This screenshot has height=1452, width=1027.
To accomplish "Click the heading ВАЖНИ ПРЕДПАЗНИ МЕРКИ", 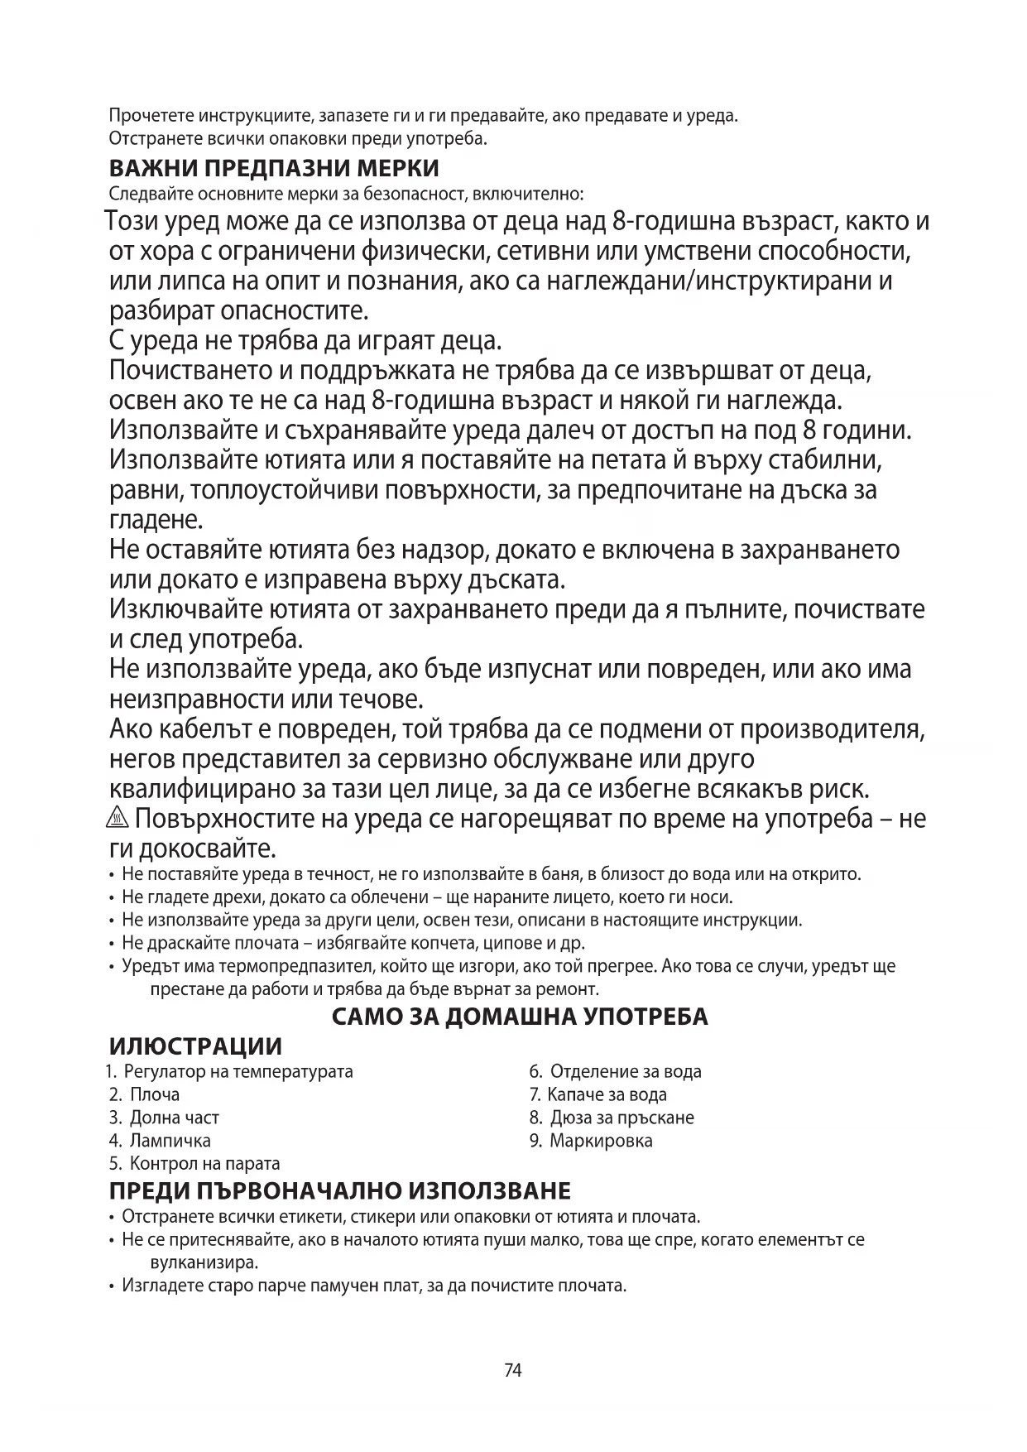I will (x=274, y=168).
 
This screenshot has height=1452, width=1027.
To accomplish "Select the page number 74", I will (x=513, y=1370).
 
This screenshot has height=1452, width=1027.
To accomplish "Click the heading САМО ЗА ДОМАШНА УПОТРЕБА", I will (x=520, y=1017).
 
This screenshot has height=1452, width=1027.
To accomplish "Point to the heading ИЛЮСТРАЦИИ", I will (x=195, y=1046).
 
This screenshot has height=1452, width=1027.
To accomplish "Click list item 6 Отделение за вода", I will (x=616, y=1071).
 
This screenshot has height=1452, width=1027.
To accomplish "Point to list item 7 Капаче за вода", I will (x=598, y=1094).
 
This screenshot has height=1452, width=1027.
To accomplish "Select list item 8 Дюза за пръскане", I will (x=612, y=1118).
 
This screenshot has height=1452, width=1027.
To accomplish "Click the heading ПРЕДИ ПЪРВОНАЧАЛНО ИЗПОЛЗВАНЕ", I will (x=340, y=1191).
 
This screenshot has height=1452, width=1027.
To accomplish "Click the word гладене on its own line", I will (x=156, y=521).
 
